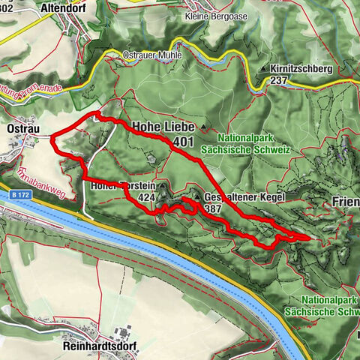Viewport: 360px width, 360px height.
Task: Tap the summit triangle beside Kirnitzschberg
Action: (x=263, y=69)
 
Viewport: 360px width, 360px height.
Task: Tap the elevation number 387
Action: (x=213, y=210)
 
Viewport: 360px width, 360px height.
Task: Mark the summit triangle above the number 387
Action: (x=196, y=198)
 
